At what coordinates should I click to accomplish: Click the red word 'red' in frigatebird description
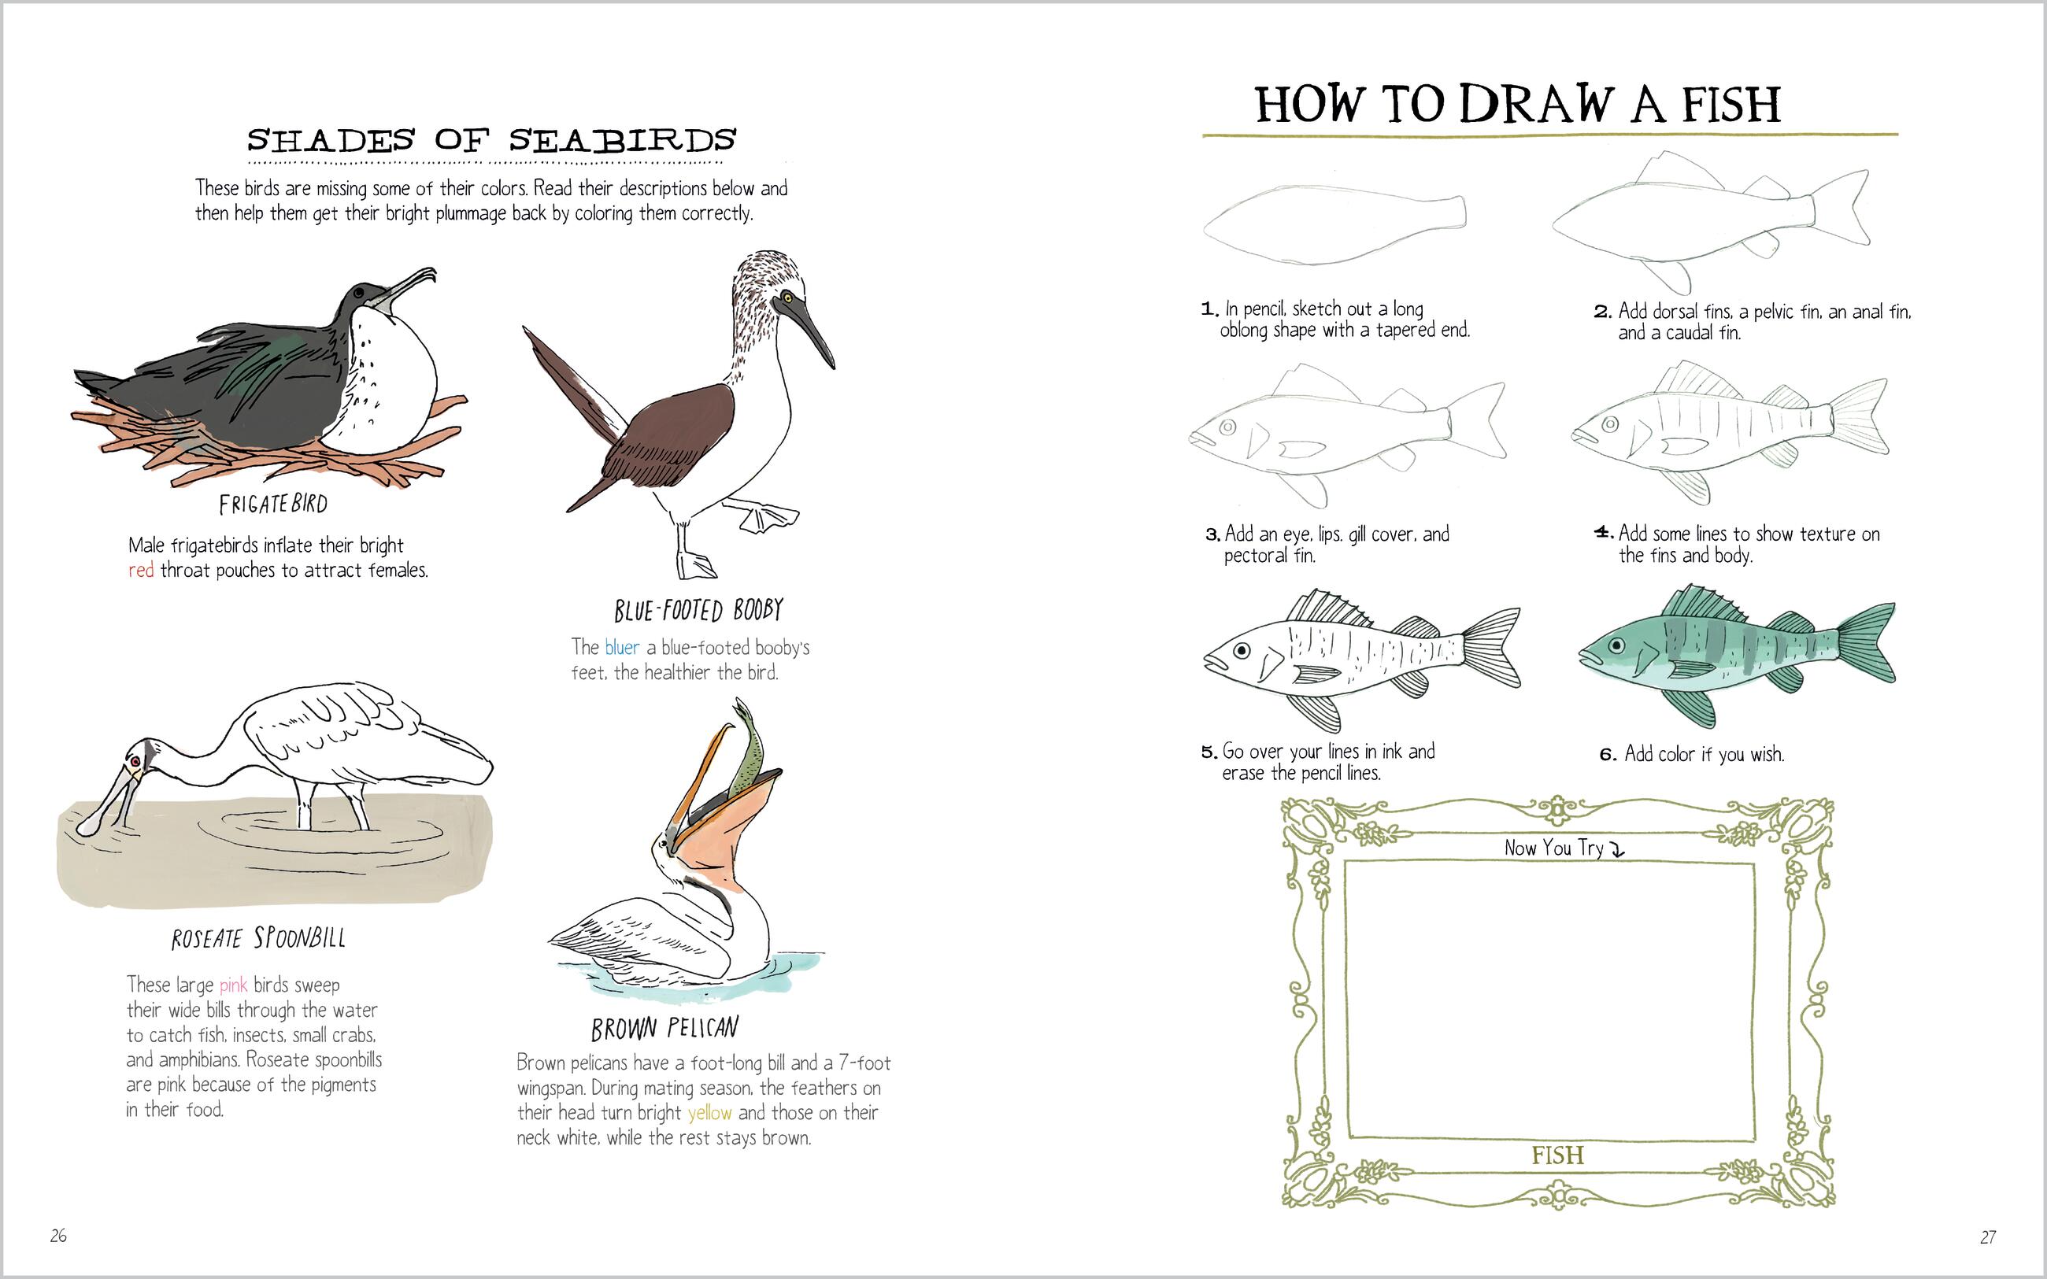coord(140,571)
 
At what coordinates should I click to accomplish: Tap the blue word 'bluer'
coord(622,648)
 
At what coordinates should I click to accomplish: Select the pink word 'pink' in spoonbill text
coord(234,985)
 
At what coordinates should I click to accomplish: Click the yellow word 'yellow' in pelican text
coord(709,1113)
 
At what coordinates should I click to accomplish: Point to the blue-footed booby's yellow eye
coord(787,297)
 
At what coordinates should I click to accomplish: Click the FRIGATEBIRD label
coord(272,505)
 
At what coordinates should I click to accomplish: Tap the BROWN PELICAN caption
coord(664,1029)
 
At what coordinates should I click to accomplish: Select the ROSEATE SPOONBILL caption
coord(258,938)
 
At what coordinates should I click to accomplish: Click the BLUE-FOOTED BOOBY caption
coord(698,610)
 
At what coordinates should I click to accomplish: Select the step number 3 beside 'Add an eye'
coord(1212,534)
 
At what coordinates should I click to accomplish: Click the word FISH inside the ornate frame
coord(1557,1155)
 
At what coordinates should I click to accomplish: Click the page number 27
coord(1988,1236)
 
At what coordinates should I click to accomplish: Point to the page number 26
coord(58,1236)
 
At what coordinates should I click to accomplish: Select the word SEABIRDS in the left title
coord(623,140)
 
